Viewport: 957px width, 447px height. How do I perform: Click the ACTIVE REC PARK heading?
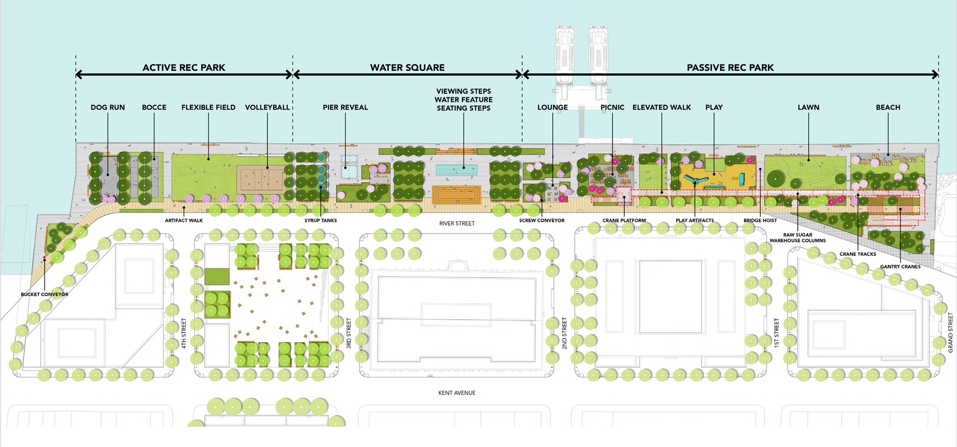tap(184, 67)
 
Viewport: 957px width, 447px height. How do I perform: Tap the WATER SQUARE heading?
tap(407, 67)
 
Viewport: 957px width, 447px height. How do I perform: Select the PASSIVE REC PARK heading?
tap(730, 67)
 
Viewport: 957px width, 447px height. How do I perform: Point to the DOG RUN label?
tap(108, 108)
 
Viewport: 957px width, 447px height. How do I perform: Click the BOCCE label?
tap(154, 108)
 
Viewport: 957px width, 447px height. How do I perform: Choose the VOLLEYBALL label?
tap(267, 108)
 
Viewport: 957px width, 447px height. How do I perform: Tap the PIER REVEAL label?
tap(345, 108)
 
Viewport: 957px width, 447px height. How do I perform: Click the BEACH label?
tap(888, 108)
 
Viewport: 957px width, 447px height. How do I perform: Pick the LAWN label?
tap(808, 108)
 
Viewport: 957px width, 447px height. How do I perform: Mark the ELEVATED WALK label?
tap(661, 108)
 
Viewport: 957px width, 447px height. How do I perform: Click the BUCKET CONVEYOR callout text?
tap(45, 294)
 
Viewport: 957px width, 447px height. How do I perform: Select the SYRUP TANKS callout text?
tap(321, 220)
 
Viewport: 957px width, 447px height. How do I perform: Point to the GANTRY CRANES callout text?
tap(900, 267)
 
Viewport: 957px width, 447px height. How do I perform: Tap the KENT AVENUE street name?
tap(457, 393)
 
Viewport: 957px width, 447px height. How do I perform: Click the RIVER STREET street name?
tap(457, 223)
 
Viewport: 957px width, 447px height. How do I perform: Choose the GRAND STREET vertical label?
tap(950, 333)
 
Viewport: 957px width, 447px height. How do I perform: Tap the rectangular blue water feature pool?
tap(456, 169)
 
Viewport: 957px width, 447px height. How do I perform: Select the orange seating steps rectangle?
tap(456, 195)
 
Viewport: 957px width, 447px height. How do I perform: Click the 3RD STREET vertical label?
tap(349, 333)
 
